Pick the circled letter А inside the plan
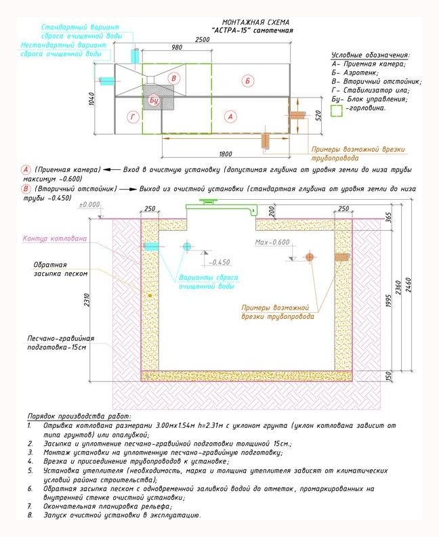[230, 116]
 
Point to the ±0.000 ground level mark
[89, 205]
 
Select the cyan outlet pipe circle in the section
[186, 246]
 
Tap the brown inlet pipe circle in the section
[309, 257]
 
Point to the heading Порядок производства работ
[79, 416]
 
